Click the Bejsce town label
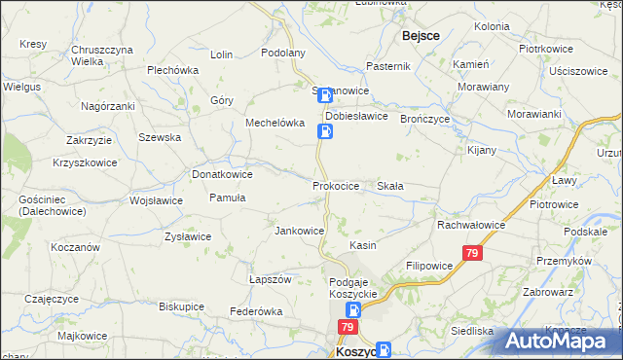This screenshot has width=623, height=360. coord(420,35)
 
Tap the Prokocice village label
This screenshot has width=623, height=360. coord(337,185)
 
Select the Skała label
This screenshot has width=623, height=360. coord(390,185)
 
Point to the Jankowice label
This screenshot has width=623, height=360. coord(299,231)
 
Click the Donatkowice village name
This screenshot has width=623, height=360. coord(223,174)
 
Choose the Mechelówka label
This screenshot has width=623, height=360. coord(275,124)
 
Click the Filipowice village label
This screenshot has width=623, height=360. coord(429,265)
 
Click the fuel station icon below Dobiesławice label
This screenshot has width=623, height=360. coord(326,129)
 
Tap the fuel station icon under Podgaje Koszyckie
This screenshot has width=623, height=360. coord(353,310)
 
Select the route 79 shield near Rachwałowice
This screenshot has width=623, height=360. coord(472,253)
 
